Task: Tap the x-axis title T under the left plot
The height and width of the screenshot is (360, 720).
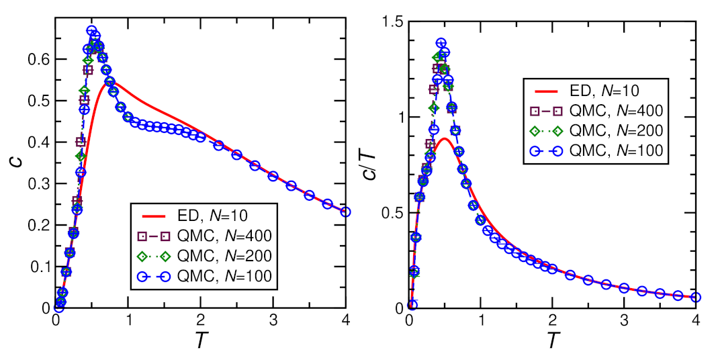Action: click(x=201, y=341)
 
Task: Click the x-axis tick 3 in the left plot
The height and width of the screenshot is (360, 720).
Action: click(x=273, y=320)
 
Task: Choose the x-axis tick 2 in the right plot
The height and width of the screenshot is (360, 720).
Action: click(x=552, y=320)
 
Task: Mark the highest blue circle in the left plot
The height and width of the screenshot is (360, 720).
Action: click(x=91, y=31)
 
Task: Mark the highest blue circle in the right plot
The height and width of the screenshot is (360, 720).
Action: click(x=441, y=44)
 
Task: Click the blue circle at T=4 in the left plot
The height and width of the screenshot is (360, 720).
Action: click(x=345, y=212)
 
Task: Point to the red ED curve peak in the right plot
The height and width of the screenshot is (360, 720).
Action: click(x=444, y=139)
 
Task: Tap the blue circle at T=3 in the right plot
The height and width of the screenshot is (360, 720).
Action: click(x=624, y=287)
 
